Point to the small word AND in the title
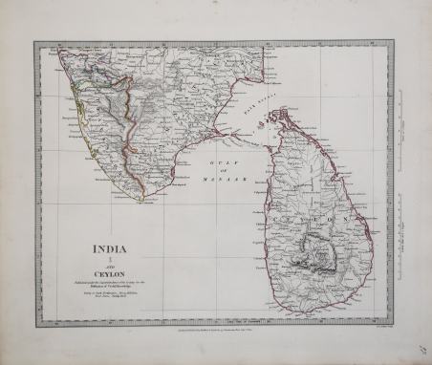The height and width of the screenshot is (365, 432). pos(111,268)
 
